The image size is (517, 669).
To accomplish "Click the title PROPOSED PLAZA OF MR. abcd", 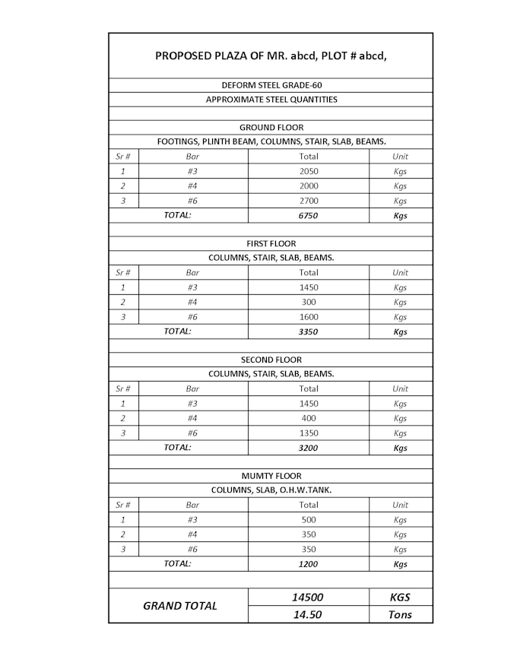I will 271,55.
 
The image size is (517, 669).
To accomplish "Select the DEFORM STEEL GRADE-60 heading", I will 271,85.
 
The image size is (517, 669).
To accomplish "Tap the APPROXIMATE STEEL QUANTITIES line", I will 271,100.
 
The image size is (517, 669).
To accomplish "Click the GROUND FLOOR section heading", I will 271,128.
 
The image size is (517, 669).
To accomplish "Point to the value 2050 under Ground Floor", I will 309,171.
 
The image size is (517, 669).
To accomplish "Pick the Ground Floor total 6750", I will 309,215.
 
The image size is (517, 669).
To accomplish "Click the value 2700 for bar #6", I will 309,201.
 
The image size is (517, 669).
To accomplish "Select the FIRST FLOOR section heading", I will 271,244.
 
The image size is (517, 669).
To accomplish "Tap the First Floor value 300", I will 309,302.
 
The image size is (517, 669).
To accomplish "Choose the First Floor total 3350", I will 309,331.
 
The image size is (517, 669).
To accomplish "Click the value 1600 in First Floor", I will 309,317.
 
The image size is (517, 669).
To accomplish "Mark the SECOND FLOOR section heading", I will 271,360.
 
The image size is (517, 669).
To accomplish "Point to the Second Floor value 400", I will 309,418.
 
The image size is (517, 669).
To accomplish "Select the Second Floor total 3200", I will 309,448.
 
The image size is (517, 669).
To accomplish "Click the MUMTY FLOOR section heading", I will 271,476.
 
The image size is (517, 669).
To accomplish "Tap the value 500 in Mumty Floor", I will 309,520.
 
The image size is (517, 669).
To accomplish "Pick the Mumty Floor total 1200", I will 309,564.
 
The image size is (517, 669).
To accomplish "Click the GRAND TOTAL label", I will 180,606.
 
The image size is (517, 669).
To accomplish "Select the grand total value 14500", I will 309,598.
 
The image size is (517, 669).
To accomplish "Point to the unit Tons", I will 400,614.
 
